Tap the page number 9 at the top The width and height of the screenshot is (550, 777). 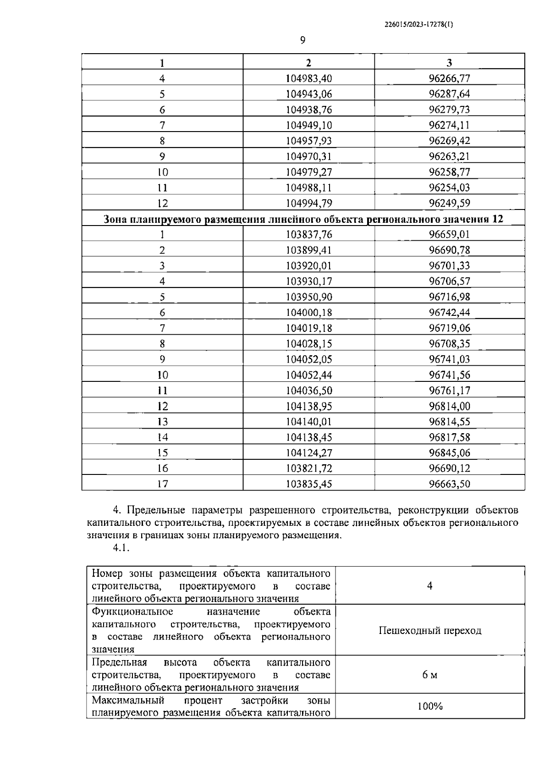pos(302,41)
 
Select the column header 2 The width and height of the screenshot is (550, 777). pos(308,63)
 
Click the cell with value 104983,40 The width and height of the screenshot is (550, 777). pos(308,78)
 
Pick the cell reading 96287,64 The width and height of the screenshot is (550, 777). pos(449,94)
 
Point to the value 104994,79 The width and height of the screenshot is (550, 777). pos(308,203)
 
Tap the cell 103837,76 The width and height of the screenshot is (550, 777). pos(308,235)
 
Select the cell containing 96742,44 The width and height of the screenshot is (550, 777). pos(449,313)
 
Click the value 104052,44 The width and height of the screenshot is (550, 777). pos(308,375)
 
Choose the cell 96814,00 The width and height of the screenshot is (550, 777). pos(449,406)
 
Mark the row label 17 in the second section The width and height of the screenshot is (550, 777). pos(162,484)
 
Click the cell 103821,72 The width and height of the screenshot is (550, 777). pos(308,468)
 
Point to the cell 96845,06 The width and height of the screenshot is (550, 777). pos(449,453)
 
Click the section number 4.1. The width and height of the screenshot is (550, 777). pos(121,548)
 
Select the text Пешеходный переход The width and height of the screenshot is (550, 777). pos(430,631)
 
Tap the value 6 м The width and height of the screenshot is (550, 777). pos(430,675)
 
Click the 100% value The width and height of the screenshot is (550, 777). pos(430,706)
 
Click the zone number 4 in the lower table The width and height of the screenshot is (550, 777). pos(430,586)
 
